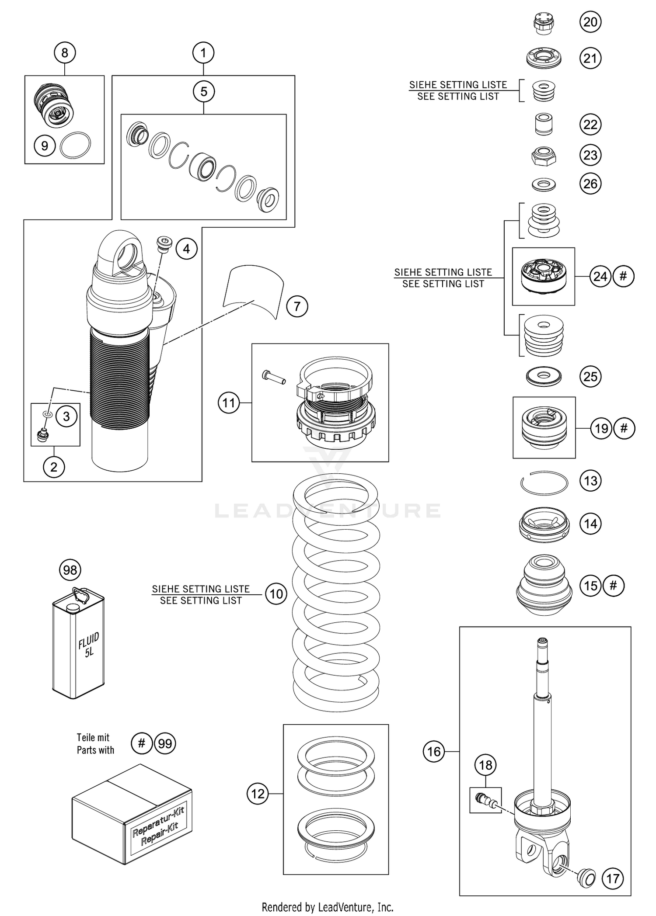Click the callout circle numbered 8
pyautogui.click(x=65, y=53)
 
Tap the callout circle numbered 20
pyautogui.click(x=590, y=22)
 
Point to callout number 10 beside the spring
pyautogui.click(x=276, y=594)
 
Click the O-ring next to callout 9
pyautogui.click(x=75, y=146)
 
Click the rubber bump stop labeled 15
pyautogui.click(x=544, y=586)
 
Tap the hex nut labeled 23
pyautogui.click(x=544, y=156)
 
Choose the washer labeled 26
pyautogui.click(x=544, y=184)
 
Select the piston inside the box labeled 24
pyautogui.click(x=544, y=275)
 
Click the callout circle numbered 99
pyautogui.click(x=165, y=743)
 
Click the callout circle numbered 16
pyautogui.click(x=433, y=751)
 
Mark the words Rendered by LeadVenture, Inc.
pyautogui.click(x=328, y=907)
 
